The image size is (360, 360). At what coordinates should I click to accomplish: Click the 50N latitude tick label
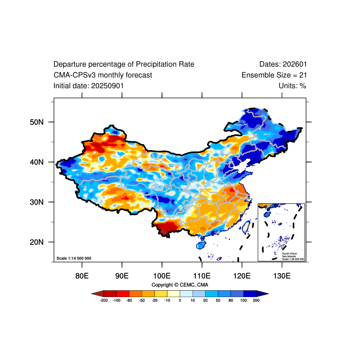point(36,122)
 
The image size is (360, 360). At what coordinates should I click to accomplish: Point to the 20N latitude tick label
point(36,242)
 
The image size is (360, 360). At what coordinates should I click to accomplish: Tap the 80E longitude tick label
point(82,275)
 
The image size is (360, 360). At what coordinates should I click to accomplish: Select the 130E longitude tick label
point(282,275)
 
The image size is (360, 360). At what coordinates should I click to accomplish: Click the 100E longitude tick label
point(162,275)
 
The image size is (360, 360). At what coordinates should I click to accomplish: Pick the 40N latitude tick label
point(36,162)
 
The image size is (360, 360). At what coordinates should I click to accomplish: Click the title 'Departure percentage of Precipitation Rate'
point(124,64)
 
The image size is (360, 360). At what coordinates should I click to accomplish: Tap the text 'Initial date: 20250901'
point(89,86)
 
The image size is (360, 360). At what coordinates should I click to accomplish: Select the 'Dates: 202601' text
point(283,64)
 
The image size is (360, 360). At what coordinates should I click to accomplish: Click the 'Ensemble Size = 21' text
point(274,75)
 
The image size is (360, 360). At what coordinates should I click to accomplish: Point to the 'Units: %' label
point(292,86)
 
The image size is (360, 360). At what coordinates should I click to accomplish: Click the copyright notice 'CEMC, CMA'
point(180,285)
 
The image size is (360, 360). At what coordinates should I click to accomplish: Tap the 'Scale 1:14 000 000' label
point(74,258)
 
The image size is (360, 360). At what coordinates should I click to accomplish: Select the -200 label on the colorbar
point(103,300)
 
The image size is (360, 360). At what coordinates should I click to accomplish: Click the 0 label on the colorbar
point(180,300)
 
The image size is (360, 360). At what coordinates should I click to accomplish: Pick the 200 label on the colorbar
point(256,300)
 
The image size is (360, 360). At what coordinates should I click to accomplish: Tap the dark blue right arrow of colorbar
point(263,293)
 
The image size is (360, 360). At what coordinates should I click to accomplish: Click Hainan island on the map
point(201,245)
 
